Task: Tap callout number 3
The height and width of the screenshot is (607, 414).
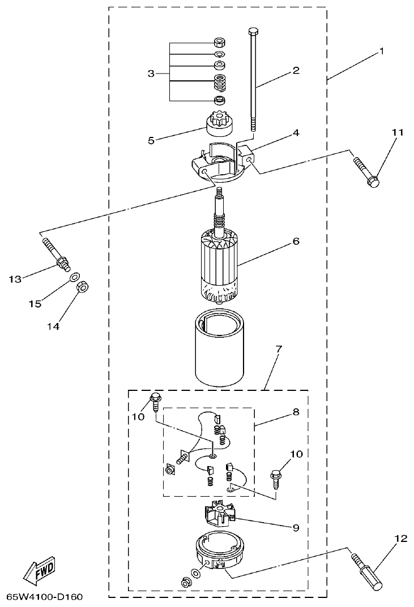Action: tap(151, 74)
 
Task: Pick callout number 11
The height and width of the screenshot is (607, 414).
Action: tap(382, 132)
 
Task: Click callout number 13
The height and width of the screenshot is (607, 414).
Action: tap(15, 279)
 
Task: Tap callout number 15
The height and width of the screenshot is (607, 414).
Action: tap(35, 304)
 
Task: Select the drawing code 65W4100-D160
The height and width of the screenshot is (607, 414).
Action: tap(48, 597)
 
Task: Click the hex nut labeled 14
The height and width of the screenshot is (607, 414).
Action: tap(81, 288)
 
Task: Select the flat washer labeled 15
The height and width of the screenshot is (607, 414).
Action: tap(73, 278)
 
